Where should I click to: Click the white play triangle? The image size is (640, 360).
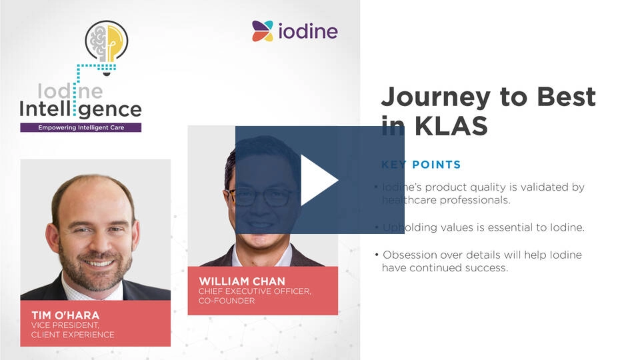[318, 180]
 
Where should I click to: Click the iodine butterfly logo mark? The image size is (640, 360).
[263, 31]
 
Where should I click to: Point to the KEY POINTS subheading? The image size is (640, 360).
[421, 165]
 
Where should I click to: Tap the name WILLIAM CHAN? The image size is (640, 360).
[241, 281]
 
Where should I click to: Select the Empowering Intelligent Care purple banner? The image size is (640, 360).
[81, 127]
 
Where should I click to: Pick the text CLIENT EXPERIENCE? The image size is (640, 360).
[73, 335]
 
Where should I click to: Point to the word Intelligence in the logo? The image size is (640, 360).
[81, 109]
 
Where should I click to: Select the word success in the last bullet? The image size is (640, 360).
[489, 268]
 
